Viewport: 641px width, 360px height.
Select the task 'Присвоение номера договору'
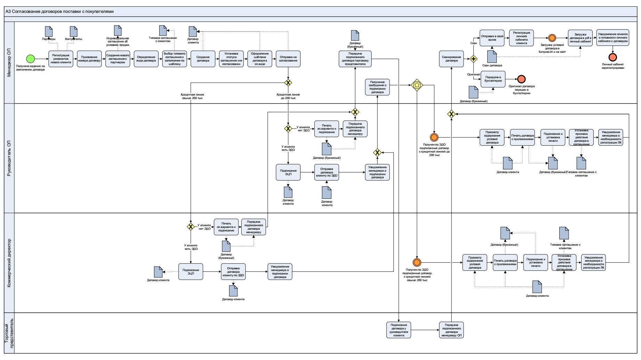(x=89, y=59)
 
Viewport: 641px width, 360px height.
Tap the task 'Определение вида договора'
(x=146, y=59)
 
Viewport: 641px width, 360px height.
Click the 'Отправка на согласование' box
(x=288, y=59)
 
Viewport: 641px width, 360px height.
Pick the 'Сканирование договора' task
(x=452, y=59)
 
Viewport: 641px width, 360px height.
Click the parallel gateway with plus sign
(x=473, y=59)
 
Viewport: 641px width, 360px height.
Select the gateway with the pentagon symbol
(x=417, y=85)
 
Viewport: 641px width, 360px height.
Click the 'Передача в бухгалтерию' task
(x=493, y=79)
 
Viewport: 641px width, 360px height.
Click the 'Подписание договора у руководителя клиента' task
(x=399, y=330)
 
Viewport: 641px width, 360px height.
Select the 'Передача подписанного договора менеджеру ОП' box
(x=452, y=330)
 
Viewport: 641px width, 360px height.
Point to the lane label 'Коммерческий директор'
(x=9, y=263)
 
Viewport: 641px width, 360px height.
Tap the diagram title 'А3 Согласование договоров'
(x=59, y=11)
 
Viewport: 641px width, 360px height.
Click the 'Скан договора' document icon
(x=492, y=57)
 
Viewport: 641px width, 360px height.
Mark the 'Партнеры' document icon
(x=49, y=32)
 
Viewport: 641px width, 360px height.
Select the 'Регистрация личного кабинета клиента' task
(x=521, y=38)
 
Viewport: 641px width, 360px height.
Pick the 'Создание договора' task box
(x=203, y=59)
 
